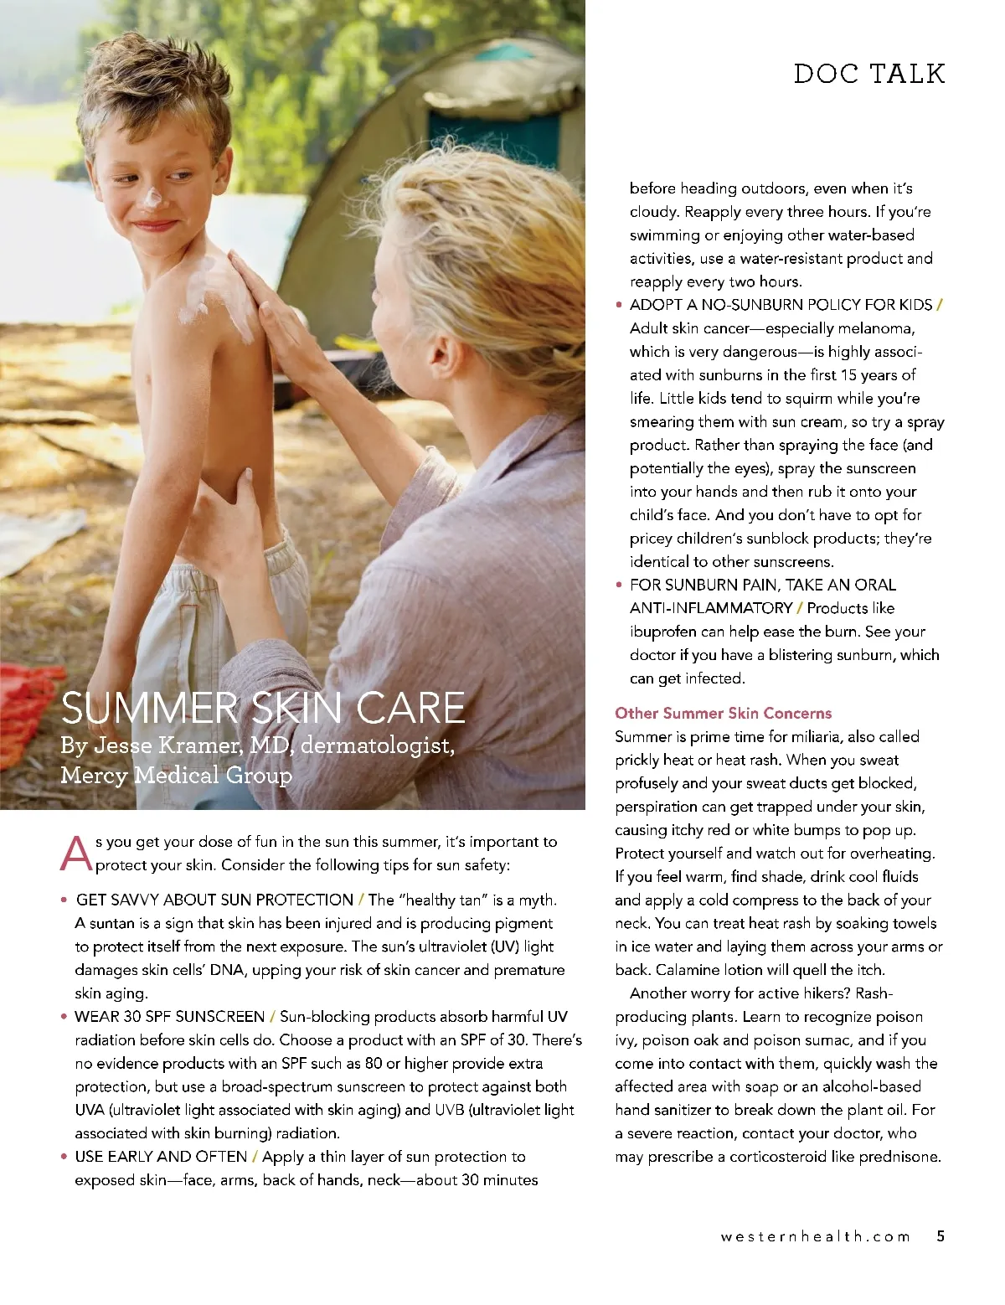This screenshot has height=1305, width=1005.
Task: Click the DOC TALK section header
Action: pyautogui.click(x=868, y=74)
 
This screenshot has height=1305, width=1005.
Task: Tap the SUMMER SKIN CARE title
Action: pyautogui.click(x=263, y=708)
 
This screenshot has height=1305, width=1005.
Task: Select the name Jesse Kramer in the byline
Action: pyautogui.click(x=164, y=745)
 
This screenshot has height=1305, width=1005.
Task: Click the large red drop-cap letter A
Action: pyautogui.click(x=75, y=853)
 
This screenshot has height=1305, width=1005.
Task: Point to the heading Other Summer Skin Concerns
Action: pyautogui.click(x=723, y=713)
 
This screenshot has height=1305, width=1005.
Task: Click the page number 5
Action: pyautogui.click(x=941, y=1235)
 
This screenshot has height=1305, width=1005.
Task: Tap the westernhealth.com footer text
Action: pyautogui.click(x=814, y=1236)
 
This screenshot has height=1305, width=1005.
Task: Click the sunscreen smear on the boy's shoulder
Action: pyautogui.click(x=201, y=289)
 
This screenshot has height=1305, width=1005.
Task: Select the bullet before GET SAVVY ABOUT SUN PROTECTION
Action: pyautogui.click(x=64, y=900)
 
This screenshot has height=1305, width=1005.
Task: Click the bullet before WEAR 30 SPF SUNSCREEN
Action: pyautogui.click(x=64, y=1017)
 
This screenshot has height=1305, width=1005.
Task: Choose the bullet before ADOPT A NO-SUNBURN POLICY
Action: pyautogui.click(x=619, y=306)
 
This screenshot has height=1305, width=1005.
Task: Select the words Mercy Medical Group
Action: pyautogui.click(x=176, y=775)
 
